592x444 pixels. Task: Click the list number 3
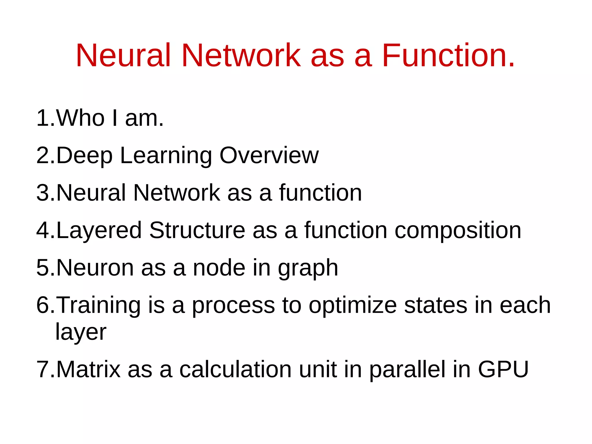click(43, 193)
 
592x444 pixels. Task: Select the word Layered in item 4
click(99, 231)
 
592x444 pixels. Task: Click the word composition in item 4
click(458, 231)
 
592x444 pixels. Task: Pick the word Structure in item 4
click(197, 230)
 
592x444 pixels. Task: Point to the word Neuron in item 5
click(95, 268)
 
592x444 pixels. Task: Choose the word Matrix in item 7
click(88, 369)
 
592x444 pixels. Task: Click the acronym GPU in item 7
click(503, 369)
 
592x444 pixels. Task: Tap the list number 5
click(43, 268)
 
